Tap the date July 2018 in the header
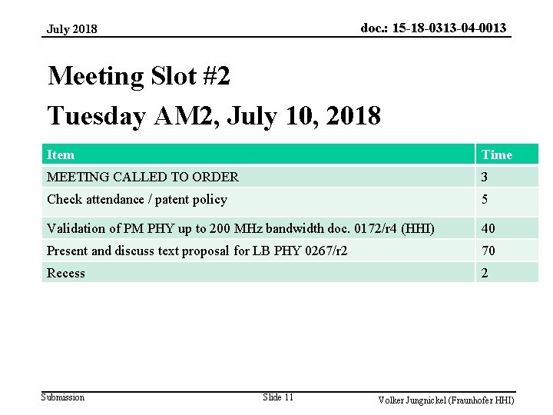tap(72, 29)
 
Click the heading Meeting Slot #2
tap(138, 76)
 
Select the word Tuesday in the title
tap(96, 116)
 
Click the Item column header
tap(61, 154)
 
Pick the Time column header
tap(496, 154)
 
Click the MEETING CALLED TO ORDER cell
tap(143, 177)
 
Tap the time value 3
tap(485, 177)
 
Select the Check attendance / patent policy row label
tap(137, 200)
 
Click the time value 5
tap(485, 200)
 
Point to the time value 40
tap(488, 228)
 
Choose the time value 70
tap(488, 251)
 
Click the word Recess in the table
tap(66, 273)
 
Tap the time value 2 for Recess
tap(485, 273)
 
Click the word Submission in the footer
tap(63, 397)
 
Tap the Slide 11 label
tap(278, 397)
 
